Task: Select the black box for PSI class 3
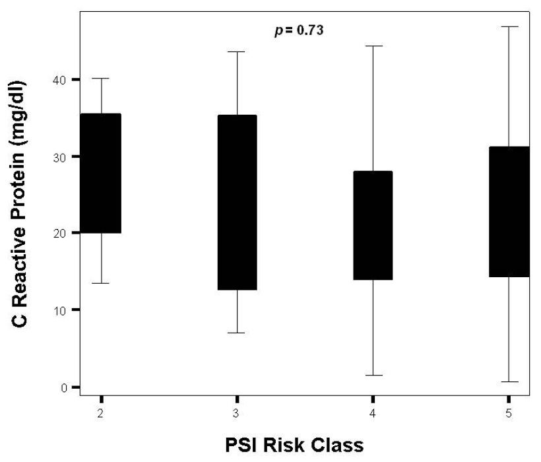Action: tap(237, 202)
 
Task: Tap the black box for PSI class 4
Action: tap(373, 225)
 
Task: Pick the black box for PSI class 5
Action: tap(510, 211)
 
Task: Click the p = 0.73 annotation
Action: tap(299, 31)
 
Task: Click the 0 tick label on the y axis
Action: tap(66, 387)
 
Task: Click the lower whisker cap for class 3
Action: tap(237, 333)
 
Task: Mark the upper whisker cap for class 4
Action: tap(373, 46)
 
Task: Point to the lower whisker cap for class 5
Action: tap(509, 381)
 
